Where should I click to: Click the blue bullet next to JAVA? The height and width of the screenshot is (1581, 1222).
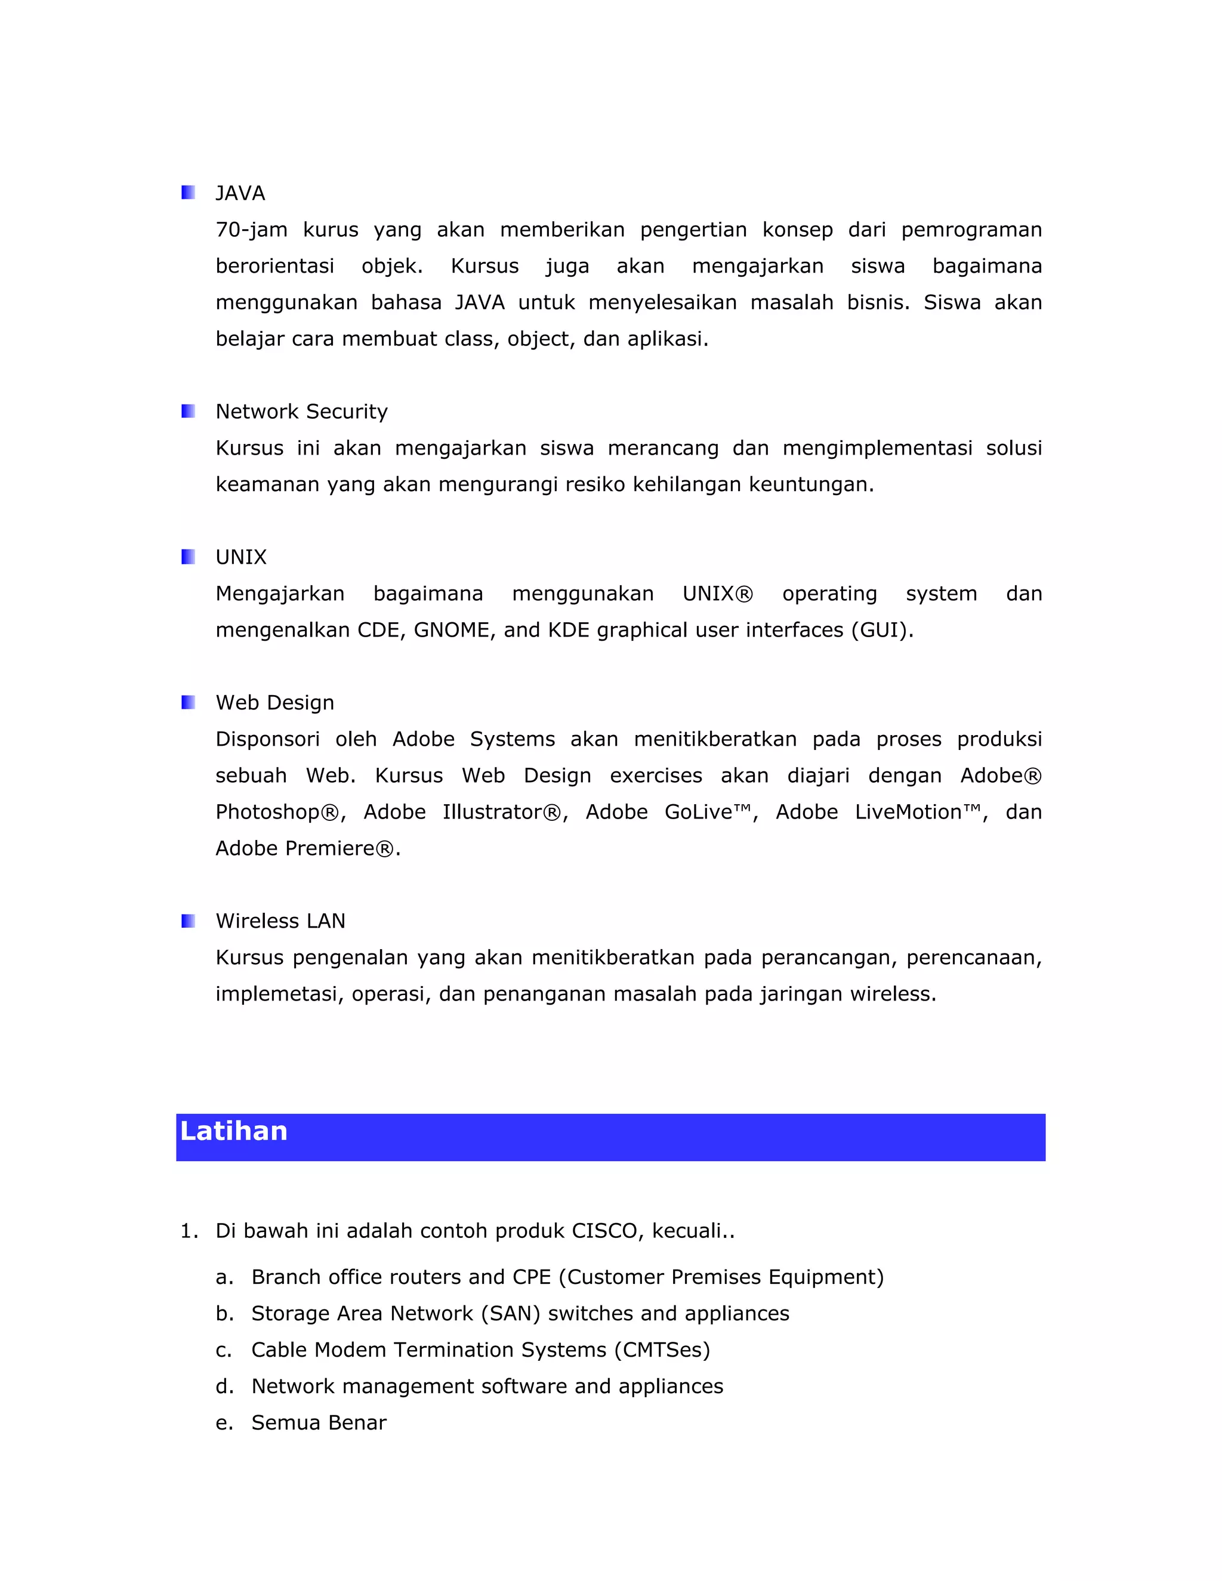[x=188, y=193]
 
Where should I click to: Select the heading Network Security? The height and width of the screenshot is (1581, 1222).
[x=301, y=412]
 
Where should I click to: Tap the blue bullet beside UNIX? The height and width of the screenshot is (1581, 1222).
[x=188, y=557]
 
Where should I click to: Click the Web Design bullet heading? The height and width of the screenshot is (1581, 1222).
[x=274, y=703]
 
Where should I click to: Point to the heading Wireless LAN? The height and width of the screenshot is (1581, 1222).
[x=280, y=921]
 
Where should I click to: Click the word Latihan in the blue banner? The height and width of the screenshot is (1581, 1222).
[x=234, y=1131]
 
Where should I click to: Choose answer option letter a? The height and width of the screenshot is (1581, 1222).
[x=224, y=1277]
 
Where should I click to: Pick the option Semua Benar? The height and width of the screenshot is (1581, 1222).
[x=319, y=1422]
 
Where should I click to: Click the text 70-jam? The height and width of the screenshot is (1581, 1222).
[x=251, y=230]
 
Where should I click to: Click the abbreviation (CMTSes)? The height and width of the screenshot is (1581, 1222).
[x=662, y=1350]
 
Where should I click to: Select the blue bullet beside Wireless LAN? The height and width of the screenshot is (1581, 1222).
[x=188, y=921]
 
